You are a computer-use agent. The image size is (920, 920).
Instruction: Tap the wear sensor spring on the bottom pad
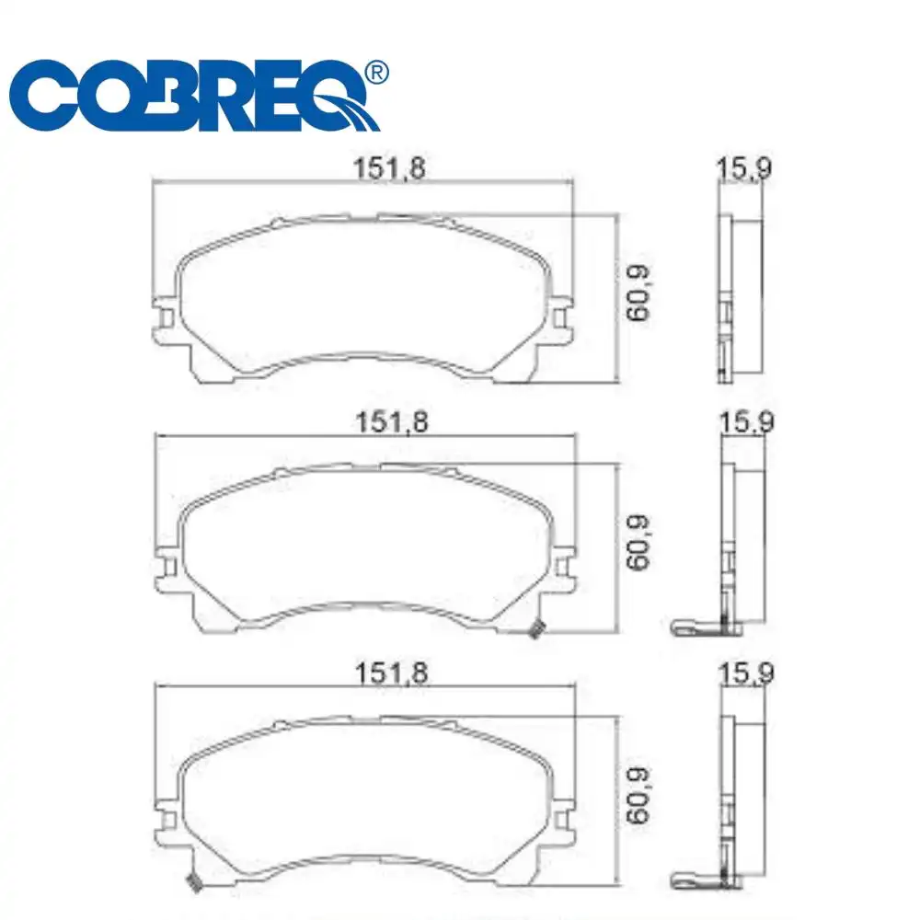(194, 883)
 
